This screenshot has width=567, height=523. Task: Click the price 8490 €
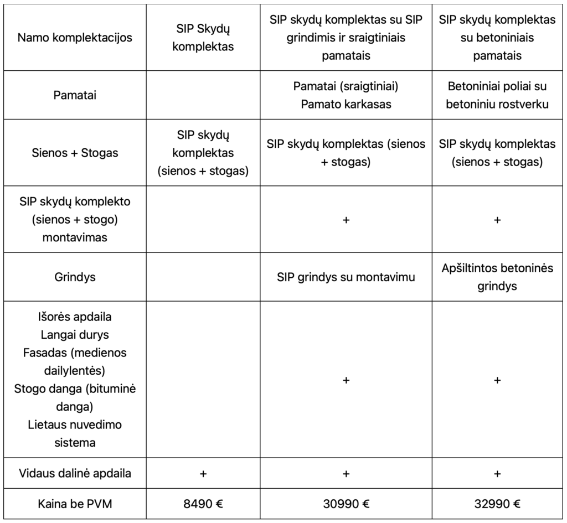point(203,504)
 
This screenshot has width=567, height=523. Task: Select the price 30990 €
point(346,504)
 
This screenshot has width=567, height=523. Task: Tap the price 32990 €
point(497,504)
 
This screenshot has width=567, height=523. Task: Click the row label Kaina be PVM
point(75,504)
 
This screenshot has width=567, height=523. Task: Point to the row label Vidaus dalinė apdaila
point(75,473)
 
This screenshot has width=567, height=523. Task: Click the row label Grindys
point(75,277)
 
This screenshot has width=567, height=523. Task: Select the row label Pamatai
point(75,95)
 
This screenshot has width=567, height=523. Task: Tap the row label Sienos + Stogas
point(75,153)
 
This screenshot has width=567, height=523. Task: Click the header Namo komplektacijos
point(75,38)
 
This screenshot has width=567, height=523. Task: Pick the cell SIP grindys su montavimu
point(346,277)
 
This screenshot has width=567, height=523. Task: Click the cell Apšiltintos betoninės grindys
point(497,277)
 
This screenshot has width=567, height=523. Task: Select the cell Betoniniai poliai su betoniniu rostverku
point(497,95)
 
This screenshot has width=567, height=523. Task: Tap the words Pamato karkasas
point(346,104)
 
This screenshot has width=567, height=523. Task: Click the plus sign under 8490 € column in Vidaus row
point(203,473)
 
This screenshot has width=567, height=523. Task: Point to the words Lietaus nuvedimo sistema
point(75,433)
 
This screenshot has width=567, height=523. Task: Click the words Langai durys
point(75,335)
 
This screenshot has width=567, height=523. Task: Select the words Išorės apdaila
point(75,317)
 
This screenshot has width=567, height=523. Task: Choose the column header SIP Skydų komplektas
point(203,38)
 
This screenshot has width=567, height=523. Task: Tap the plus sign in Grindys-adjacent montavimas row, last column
point(497,220)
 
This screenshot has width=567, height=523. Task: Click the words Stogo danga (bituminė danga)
point(75,397)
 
